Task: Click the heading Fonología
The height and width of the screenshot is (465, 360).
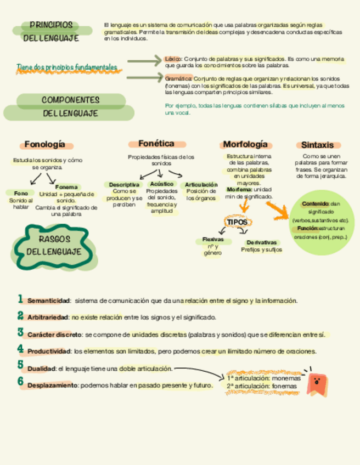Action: click(x=48, y=145)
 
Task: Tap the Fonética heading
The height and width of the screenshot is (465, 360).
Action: click(x=156, y=144)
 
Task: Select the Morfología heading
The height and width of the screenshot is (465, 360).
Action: click(x=245, y=145)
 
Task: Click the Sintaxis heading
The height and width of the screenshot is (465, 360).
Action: click(x=317, y=145)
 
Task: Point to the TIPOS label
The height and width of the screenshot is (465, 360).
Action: click(x=238, y=222)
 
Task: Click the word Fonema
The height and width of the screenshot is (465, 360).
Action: click(x=66, y=187)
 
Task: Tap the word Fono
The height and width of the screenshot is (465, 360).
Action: click(x=21, y=193)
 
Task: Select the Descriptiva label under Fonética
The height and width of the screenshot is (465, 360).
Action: click(x=124, y=185)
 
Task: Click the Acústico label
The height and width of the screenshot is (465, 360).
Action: click(x=161, y=184)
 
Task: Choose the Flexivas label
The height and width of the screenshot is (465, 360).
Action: click(x=212, y=240)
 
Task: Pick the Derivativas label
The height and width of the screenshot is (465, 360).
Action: click(x=261, y=242)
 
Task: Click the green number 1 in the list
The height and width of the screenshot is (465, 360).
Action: click(x=20, y=299)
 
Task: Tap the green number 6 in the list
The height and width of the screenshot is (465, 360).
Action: click(x=20, y=382)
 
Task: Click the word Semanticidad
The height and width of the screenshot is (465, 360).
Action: click(x=49, y=301)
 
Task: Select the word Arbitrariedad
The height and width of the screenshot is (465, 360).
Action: click(x=48, y=317)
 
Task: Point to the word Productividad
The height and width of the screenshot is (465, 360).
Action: click(x=49, y=351)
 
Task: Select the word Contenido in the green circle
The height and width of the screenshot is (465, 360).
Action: click(x=315, y=203)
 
